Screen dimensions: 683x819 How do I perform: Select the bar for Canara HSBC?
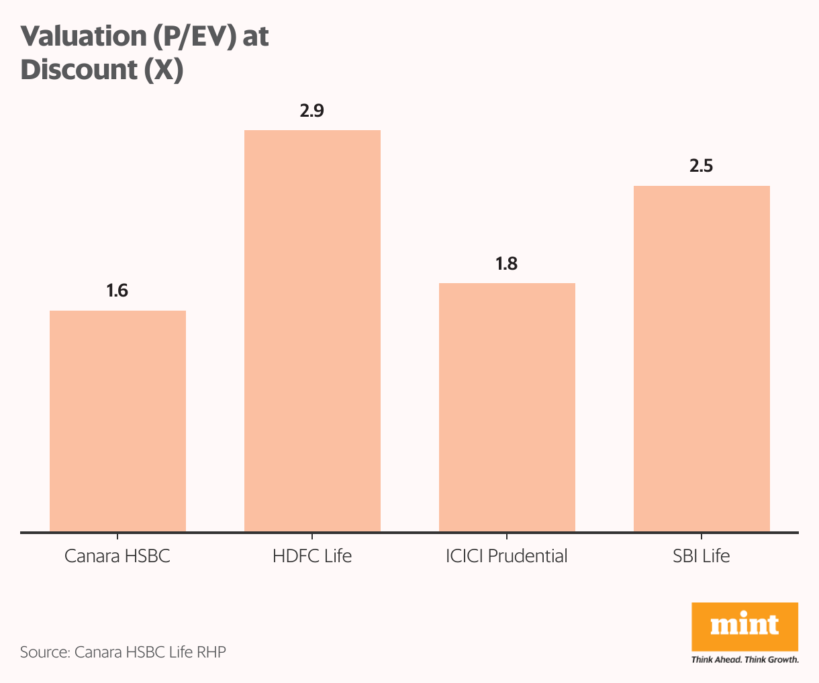[x=117, y=421]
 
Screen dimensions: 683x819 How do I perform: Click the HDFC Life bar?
[x=312, y=331]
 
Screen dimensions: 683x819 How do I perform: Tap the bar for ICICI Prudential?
[x=507, y=407]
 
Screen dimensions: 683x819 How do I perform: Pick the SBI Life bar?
[x=702, y=359]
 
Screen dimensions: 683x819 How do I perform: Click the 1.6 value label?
[x=117, y=291]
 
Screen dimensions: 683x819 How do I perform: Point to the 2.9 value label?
[x=311, y=111]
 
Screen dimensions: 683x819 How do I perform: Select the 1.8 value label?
[x=506, y=264]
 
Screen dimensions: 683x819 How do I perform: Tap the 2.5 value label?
[x=701, y=166]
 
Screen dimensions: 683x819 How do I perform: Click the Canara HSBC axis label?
[x=117, y=556]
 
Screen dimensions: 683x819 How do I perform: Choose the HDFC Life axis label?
[x=312, y=556]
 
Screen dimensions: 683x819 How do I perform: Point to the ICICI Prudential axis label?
[x=507, y=556]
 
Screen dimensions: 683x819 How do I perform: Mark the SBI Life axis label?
[x=702, y=556]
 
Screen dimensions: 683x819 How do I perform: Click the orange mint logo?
[x=744, y=626]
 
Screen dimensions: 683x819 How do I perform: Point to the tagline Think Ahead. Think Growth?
[x=744, y=660]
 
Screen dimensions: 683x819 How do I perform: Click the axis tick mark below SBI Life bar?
[x=702, y=537]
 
